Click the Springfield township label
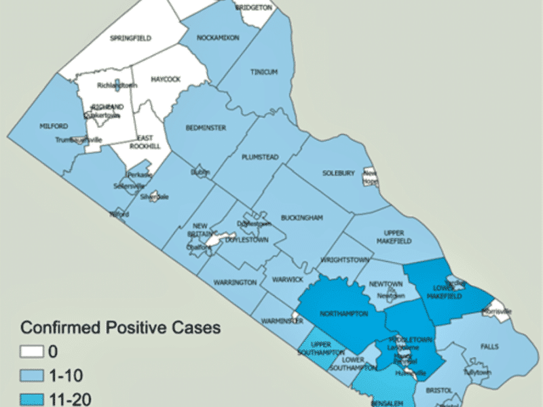(x=130, y=38)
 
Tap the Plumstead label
(x=260, y=157)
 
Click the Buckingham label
(x=301, y=218)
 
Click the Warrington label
(x=235, y=282)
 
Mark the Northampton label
(x=344, y=314)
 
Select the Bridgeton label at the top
(x=253, y=7)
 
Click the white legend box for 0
(x=31, y=352)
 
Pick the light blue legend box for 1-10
(x=31, y=376)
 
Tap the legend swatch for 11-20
(x=31, y=399)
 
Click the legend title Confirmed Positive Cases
(x=120, y=328)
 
